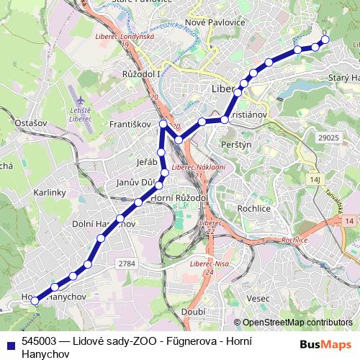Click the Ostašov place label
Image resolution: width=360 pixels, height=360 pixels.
(31, 123)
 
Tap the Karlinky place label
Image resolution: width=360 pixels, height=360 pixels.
(50, 193)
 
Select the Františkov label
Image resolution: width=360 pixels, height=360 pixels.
(130, 125)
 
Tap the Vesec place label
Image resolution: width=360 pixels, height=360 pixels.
(257, 298)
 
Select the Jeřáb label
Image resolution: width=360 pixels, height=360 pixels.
(146, 162)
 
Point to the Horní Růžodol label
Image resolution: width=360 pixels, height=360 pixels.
(179, 197)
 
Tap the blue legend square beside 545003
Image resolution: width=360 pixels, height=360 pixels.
(12, 343)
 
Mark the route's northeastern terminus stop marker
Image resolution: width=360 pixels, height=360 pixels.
(325, 40)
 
